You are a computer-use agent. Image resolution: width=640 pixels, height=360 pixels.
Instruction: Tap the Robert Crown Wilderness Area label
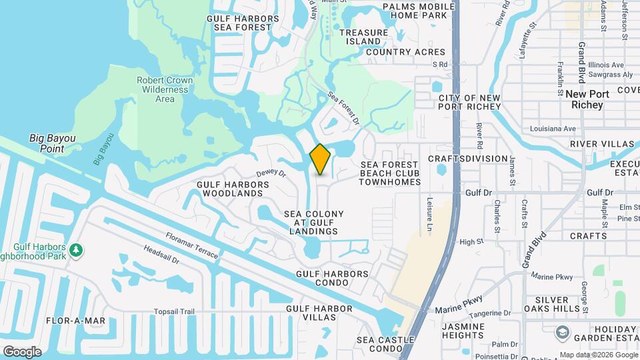point(165,89)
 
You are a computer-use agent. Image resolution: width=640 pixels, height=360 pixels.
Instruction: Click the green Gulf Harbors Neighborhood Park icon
point(77,250)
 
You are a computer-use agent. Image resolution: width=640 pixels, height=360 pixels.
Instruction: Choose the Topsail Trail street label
point(174,311)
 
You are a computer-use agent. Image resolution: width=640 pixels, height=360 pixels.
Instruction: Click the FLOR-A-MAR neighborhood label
point(76,321)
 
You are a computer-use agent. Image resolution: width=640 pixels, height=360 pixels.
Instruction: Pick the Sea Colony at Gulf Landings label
point(314,223)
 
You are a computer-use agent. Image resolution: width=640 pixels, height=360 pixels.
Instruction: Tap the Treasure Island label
point(363,37)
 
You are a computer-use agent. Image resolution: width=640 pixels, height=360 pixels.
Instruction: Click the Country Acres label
point(405,52)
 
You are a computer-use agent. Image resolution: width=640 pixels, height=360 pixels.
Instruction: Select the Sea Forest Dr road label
point(343,109)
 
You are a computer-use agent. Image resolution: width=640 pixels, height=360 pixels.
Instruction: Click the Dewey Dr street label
point(270,173)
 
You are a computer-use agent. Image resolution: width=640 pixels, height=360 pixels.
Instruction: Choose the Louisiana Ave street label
point(552,129)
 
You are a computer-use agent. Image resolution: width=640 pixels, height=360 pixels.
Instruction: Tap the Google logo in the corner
point(22,351)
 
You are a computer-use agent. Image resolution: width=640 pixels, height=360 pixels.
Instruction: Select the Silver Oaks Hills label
point(551,305)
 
